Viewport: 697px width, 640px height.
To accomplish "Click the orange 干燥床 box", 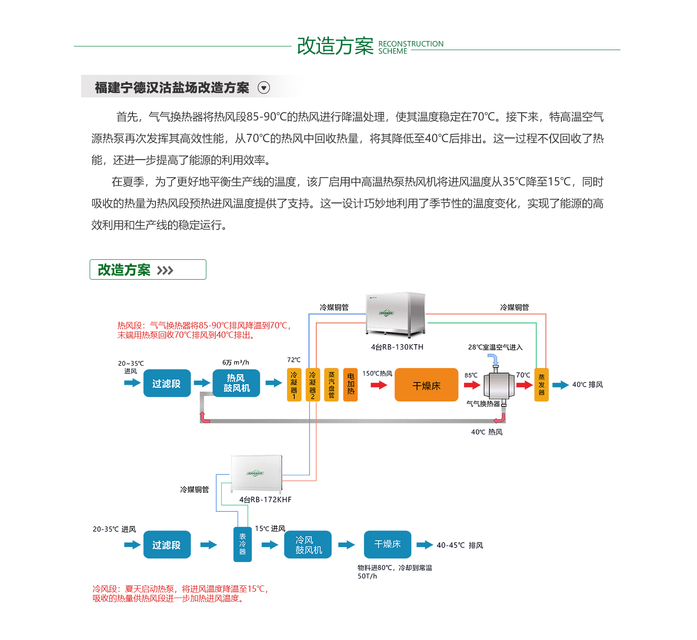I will [426, 385].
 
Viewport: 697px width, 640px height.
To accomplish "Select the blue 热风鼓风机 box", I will [236, 383].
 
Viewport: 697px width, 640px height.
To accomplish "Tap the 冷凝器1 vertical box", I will [294, 385].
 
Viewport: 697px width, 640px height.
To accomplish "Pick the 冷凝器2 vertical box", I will [313, 385].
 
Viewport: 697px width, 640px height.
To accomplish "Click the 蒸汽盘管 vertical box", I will [332, 385].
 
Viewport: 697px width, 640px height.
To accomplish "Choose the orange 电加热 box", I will [351, 385].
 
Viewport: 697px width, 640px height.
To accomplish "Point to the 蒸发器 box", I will [541, 385].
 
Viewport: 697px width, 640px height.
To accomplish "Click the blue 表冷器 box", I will [242, 544].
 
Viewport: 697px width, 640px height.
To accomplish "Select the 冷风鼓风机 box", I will [308, 544].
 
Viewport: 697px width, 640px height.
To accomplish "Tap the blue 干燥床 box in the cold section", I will [387, 544].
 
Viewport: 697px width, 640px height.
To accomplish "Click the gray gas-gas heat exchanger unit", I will [499, 385].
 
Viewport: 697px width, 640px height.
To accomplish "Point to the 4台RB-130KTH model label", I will [397, 347].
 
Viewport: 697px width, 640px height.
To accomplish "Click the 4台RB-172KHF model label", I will [265, 500].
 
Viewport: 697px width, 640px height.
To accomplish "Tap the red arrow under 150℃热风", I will [379, 385].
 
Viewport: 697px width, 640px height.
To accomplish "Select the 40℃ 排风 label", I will [587, 385].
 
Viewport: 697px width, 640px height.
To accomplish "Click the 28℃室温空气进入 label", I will [495, 347].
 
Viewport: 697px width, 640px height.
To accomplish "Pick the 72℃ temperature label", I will [294, 360].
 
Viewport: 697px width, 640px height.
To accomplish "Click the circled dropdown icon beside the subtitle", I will [264, 87].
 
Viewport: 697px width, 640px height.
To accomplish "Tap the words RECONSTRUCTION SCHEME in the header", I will [410, 47].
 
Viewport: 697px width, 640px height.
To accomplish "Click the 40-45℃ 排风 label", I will [460, 545].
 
